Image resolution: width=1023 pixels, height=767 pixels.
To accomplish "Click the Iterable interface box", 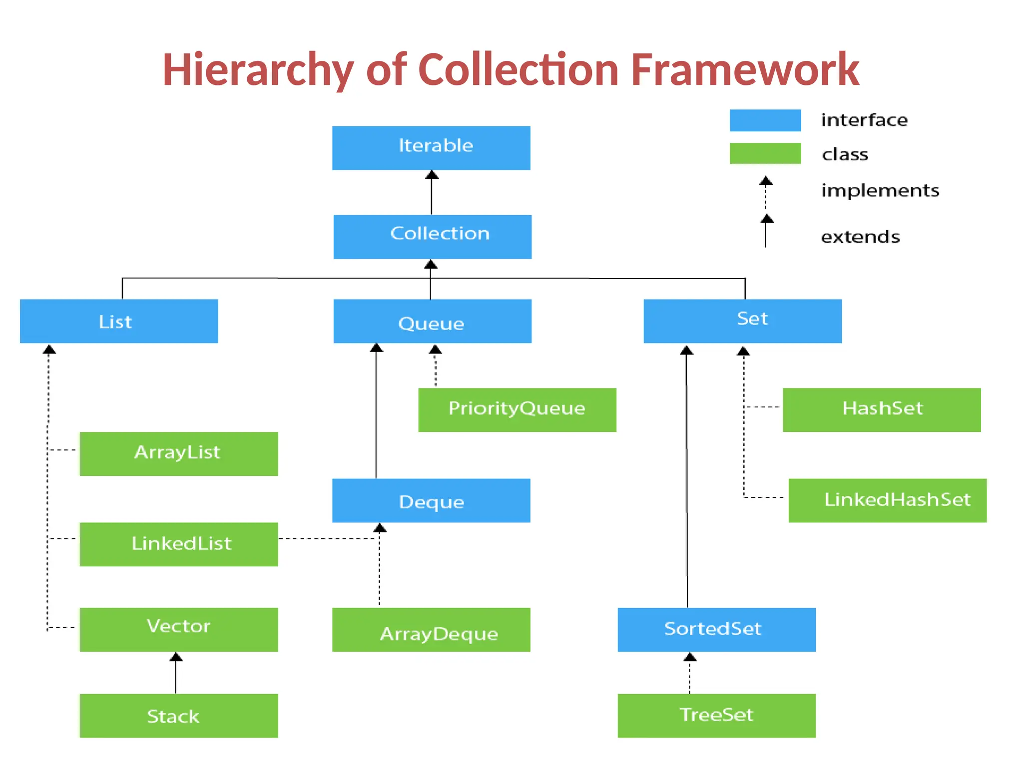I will click(x=431, y=148).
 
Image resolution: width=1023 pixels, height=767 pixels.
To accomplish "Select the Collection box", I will click(x=432, y=237).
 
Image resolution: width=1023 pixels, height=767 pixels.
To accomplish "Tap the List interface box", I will click(x=119, y=321).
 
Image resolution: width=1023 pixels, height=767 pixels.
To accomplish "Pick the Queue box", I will click(x=432, y=321).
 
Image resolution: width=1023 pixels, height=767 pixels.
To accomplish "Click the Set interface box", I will click(x=742, y=321).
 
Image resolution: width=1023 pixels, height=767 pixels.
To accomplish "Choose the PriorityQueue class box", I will click(x=517, y=409).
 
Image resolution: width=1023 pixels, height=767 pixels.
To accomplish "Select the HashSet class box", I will click(x=881, y=409).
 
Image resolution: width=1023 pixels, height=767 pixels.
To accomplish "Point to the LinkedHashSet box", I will click(x=887, y=500).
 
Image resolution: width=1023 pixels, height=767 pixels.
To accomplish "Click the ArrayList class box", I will click(x=179, y=453).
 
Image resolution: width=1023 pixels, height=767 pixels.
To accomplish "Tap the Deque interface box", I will click(x=431, y=500).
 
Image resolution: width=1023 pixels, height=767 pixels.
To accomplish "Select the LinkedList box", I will click(x=179, y=544).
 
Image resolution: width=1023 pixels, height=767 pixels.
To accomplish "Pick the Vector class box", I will click(x=179, y=629).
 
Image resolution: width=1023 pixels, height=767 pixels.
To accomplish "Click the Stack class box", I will click(x=179, y=715).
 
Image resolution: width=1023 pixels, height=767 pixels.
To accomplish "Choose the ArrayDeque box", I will click(x=431, y=629).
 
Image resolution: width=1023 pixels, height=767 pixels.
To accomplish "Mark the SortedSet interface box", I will click(x=716, y=629).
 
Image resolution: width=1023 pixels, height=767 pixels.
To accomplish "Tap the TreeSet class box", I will click(x=716, y=715).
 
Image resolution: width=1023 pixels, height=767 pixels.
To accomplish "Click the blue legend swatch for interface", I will click(x=765, y=120).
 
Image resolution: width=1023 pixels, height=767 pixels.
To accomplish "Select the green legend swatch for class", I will click(x=765, y=153).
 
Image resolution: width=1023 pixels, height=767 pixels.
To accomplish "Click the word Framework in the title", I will click(x=744, y=70).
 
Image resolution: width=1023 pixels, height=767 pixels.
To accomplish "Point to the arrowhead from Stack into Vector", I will click(x=176, y=657).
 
